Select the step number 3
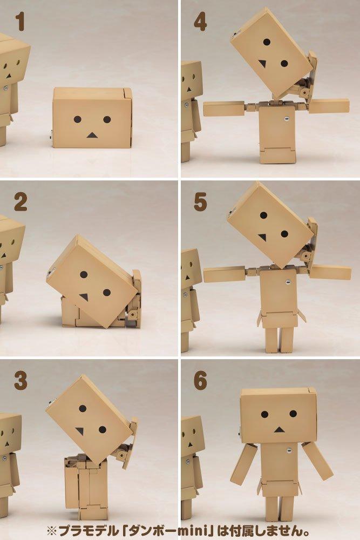pyautogui.click(x=21, y=381)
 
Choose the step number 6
pyautogui.click(x=200, y=381)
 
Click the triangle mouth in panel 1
pyautogui.click(x=92, y=134)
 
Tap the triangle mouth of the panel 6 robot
pyautogui.click(x=279, y=429)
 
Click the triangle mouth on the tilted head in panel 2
pyautogui.click(x=84, y=296)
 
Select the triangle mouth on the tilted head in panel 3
pyautogui.click(x=79, y=431)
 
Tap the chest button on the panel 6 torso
pyautogui.click(x=287, y=451)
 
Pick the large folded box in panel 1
pyautogui.click(x=92, y=118)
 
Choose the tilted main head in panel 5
pyautogui.click(x=270, y=224)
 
